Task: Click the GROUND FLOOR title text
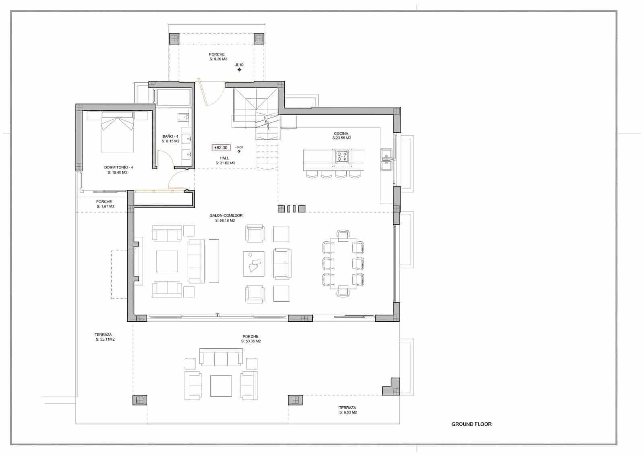(x=471, y=424)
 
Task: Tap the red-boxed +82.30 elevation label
(x=221, y=148)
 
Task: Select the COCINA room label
(x=341, y=136)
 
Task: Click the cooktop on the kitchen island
(x=342, y=157)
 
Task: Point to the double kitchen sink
(x=386, y=158)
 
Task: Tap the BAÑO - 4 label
(x=170, y=139)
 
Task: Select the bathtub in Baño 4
(x=173, y=97)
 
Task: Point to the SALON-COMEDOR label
(x=226, y=218)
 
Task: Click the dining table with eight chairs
(x=343, y=263)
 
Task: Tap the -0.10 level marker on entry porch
(x=239, y=65)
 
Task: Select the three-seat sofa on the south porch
(x=221, y=358)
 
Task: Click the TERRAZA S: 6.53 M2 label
(x=347, y=410)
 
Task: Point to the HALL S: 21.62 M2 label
(x=225, y=161)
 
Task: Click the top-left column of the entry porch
(x=174, y=39)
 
